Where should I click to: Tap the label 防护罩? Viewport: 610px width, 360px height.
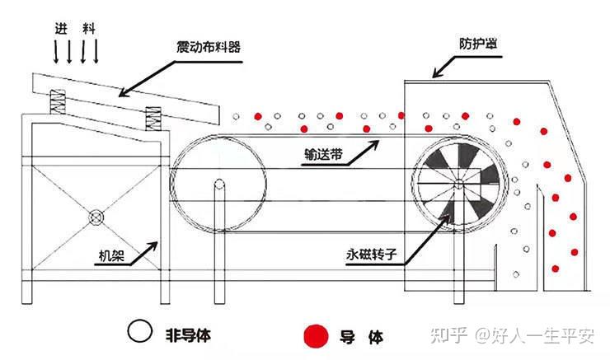[x=480, y=43]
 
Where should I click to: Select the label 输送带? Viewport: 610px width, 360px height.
[x=323, y=153]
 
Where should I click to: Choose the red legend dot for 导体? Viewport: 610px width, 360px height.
[x=313, y=334]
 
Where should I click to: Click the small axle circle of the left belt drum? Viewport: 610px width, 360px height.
[x=219, y=183]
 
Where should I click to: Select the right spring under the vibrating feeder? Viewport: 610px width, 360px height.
[x=153, y=120]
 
